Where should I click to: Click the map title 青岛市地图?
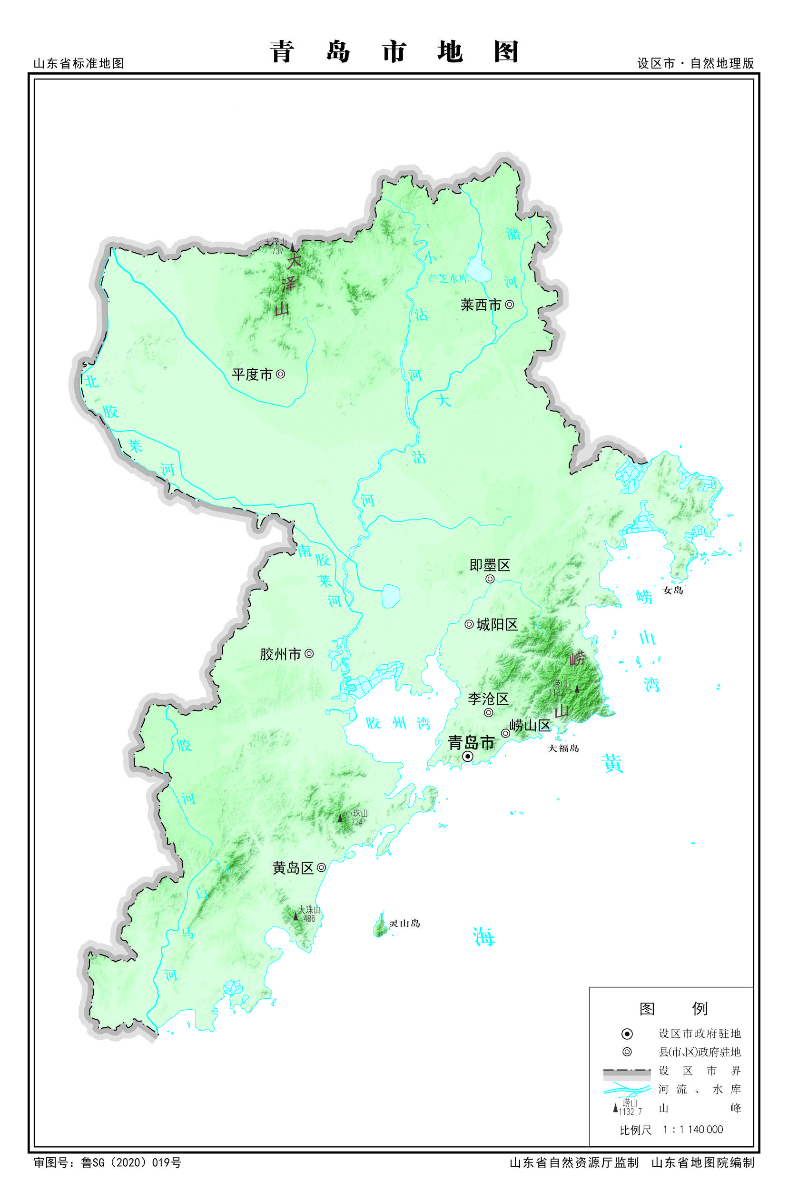point(394,52)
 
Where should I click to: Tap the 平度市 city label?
point(252,374)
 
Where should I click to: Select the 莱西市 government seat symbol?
point(509,304)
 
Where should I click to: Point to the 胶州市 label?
point(280,654)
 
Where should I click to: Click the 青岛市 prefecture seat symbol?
point(467,757)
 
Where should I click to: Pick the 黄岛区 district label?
point(293,868)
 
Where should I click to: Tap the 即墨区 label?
point(490,565)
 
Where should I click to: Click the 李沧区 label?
point(488,699)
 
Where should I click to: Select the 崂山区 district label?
point(530,726)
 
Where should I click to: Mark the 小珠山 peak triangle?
point(340,818)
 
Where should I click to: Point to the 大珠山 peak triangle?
point(295,916)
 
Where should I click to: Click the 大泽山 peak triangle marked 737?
point(293,247)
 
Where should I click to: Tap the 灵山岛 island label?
point(404,923)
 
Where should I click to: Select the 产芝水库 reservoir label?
point(448,278)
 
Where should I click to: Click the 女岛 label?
point(672,590)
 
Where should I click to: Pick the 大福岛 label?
point(563,748)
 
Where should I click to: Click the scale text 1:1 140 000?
point(692,1129)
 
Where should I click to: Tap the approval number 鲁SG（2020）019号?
point(131,1162)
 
